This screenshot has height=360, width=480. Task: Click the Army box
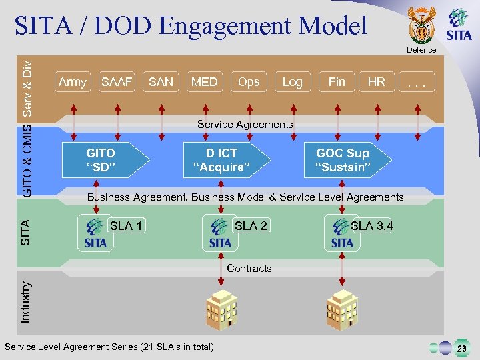tap(73, 82)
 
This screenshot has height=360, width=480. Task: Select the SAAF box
tap(117, 82)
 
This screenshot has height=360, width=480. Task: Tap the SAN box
tap(161, 82)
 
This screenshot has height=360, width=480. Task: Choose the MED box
tap(205, 82)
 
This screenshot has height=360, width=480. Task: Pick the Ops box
tap(249, 82)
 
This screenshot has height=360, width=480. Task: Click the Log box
tap(292, 82)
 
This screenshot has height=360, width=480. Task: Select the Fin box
tap(337, 82)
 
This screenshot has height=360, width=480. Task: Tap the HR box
tap(377, 82)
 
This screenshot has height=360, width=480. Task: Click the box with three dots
tap(417, 82)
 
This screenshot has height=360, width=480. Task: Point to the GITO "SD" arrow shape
tap(103, 161)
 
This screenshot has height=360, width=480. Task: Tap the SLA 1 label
tap(126, 226)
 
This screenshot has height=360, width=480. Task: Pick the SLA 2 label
tap(251, 226)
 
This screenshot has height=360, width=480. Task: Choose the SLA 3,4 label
tap(372, 226)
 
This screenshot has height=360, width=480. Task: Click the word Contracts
tap(249, 269)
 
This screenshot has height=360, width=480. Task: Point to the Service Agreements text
tap(245, 125)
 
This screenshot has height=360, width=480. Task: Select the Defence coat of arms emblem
tap(421, 25)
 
